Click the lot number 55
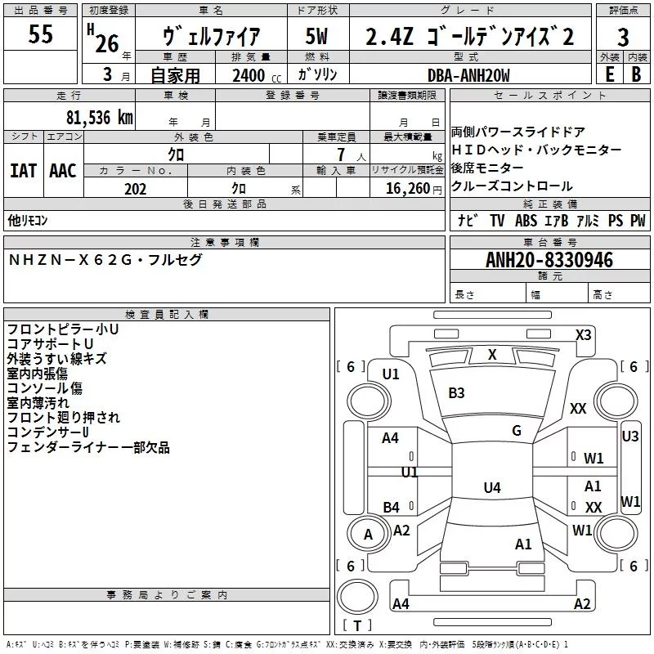click(40, 34)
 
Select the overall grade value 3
click(623, 38)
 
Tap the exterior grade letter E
click(609, 74)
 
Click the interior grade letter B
click(636, 74)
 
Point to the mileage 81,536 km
click(100, 118)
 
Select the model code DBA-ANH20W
click(468, 75)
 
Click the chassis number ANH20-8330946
click(549, 260)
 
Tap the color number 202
click(135, 189)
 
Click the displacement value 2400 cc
click(257, 76)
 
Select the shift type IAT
click(24, 171)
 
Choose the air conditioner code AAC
click(63, 171)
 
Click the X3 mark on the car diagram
click(583, 335)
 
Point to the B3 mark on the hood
click(456, 393)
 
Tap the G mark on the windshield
click(517, 431)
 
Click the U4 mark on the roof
click(492, 487)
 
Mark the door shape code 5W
click(316, 36)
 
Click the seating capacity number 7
click(341, 155)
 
